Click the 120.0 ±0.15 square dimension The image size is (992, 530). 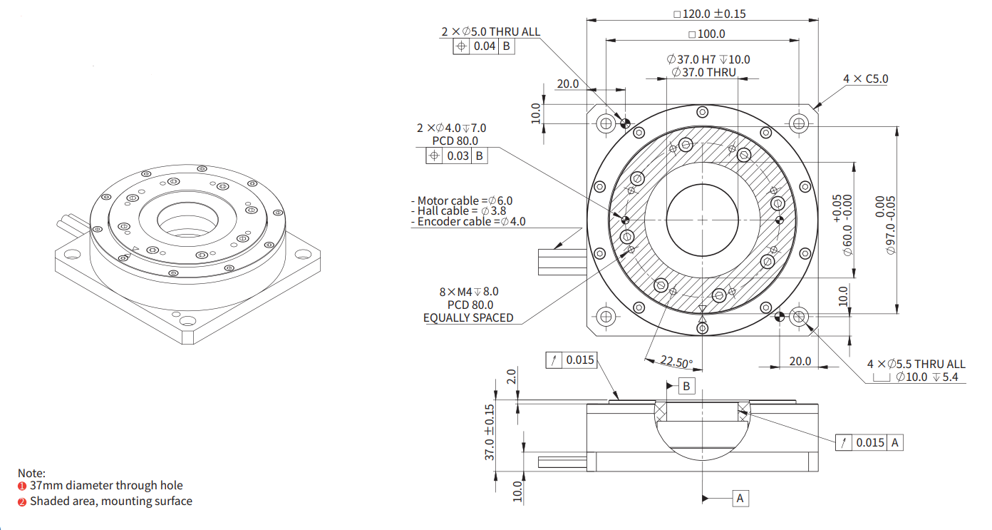[x=710, y=14]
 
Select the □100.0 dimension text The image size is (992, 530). [x=707, y=34]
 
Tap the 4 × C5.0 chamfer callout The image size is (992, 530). [x=866, y=78]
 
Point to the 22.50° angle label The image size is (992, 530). [x=674, y=362]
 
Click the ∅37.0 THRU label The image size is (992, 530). [x=703, y=72]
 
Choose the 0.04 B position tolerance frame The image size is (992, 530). [x=483, y=46]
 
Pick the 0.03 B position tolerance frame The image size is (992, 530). [x=457, y=156]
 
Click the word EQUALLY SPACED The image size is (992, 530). [x=468, y=317]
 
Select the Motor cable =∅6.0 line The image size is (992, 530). [x=462, y=201]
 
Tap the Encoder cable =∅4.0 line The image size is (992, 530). [x=468, y=222]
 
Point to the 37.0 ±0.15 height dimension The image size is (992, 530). [x=489, y=432]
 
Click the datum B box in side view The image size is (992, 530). [x=686, y=386]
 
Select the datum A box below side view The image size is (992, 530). [x=740, y=498]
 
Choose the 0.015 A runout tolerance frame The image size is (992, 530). [x=869, y=443]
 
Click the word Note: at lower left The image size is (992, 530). [x=31, y=473]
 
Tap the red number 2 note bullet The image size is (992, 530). [x=22, y=501]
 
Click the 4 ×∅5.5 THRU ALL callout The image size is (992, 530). [x=916, y=364]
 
